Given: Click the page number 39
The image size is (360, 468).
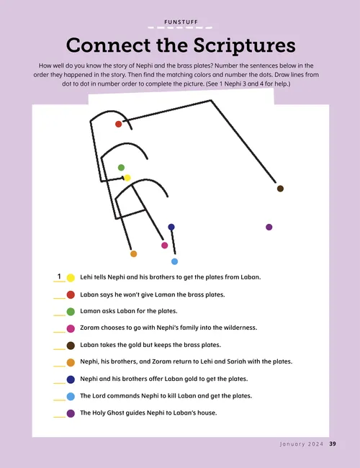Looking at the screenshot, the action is click(x=333, y=444).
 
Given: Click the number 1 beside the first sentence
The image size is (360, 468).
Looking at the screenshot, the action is click(x=58, y=276).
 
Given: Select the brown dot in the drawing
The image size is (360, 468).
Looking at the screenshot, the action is click(x=280, y=189).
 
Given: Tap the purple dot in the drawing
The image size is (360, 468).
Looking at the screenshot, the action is click(x=269, y=227).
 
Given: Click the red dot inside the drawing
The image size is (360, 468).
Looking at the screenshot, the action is click(x=119, y=124).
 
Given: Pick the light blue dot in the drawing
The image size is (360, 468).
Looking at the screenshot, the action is click(x=174, y=261).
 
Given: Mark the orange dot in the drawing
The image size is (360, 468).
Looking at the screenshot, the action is click(x=133, y=253).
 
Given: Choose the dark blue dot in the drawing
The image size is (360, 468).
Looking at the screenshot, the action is click(x=171, y=227).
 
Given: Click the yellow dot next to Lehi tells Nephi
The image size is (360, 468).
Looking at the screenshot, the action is click(x=71, y=277).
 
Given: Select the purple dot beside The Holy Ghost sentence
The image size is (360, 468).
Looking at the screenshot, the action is click(x=71, y=413).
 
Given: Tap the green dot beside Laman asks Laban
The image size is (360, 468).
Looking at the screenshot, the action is click(x=71, y=311).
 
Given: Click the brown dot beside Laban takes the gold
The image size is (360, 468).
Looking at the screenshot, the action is click(x=71, y=346).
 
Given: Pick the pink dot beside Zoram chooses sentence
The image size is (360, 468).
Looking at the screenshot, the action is click(x=71, y=328).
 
